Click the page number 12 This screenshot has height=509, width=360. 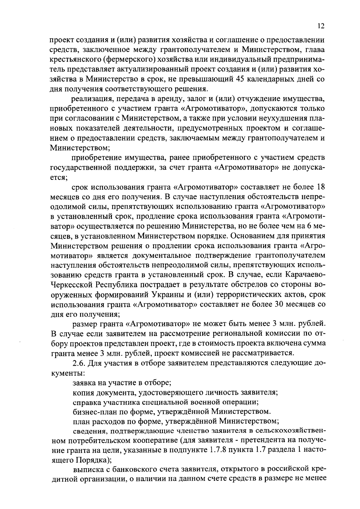321,26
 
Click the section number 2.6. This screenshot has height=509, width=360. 79,363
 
